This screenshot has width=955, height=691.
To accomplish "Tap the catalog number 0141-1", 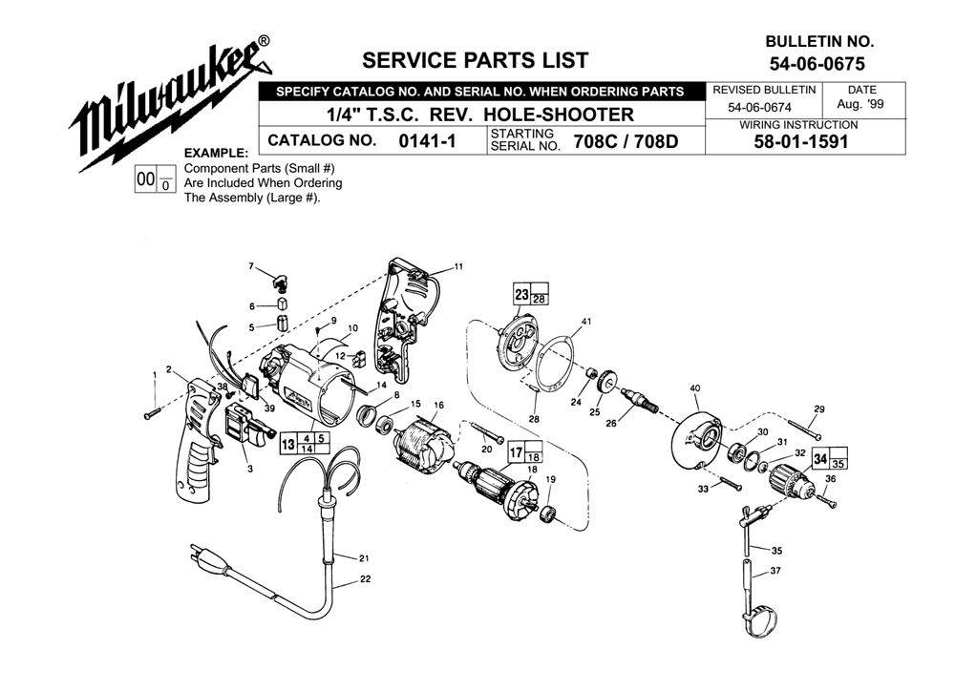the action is [427, 140].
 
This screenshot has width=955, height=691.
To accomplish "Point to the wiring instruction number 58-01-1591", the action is [801, 142].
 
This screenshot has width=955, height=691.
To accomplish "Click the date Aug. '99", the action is [860, 104].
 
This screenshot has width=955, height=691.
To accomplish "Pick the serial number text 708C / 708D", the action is [626, 141].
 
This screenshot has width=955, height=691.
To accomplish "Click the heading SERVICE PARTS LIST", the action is [475, 60].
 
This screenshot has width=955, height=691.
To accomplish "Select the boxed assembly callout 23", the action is [521, 295].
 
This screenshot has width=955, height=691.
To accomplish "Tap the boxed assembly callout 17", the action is [516, 451].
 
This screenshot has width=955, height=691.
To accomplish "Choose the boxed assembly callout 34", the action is [819, 458].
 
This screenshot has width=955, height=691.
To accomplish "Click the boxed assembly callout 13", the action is [288, 444].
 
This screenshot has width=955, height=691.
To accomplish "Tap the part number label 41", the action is [586, 321].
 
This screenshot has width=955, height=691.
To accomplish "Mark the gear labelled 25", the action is [606, 383].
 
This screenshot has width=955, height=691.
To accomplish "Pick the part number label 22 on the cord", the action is [365, 579].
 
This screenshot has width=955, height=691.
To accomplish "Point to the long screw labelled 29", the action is [804, 429].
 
